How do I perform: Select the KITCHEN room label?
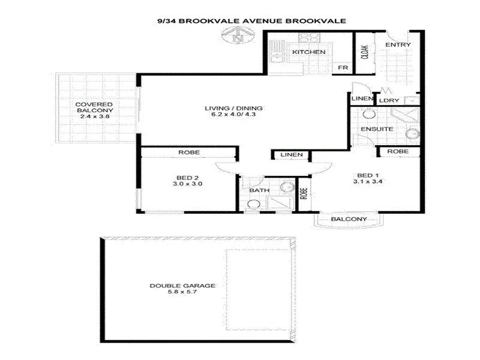pyautogui.click(x=308, y=52)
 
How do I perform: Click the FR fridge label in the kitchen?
pyautogui.click(x=343, y=68)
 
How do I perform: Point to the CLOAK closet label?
pyautogui.click(x=364, y=54)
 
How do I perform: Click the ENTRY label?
pyautogui.click(x=398, y=45)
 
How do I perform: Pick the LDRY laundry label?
pyautogui.click(x=393, y=100)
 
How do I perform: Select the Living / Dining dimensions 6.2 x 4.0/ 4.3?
pyautogui.click(x=234, y=116)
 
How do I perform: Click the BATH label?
pyautogui.click(x=259, y=191)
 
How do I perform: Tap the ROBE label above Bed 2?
pyautogui.click(x=188, y=153)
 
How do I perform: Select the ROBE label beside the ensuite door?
pyautogui.click(x=397, y=152)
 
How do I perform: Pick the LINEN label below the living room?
pyautogui.click(x=292, y=155)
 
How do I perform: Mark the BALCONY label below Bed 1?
pyautogui.click(x=349, y=220)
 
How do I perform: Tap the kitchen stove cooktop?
pyautogui.click(x=309, y=37)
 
